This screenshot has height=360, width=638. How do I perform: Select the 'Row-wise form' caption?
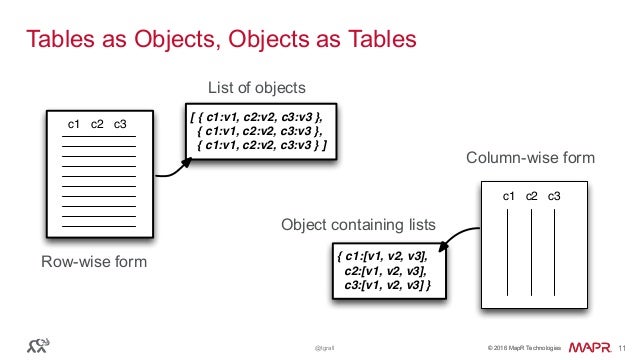pos(94,262)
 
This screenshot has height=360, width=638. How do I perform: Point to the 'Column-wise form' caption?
pos(530,158)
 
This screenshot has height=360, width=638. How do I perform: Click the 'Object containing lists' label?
pos(358,225)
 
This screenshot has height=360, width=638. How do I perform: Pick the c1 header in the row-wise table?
pos(73,124)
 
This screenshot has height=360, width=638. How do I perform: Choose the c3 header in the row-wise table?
pos(120,124)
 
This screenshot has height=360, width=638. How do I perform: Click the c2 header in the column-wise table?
pos(532,195)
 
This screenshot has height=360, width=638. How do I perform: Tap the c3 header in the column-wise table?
pos(553,195)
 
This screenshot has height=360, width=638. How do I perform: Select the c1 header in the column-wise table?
pos(509,195)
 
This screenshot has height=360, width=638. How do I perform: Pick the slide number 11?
pos(623,346)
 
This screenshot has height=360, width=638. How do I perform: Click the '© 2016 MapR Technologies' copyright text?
pos(524,347)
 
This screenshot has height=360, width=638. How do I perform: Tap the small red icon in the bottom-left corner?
pos(41,345)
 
